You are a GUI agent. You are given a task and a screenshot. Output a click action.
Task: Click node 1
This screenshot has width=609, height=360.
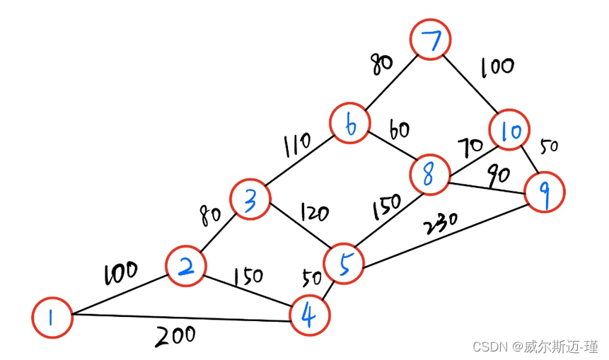[x=52, y=318]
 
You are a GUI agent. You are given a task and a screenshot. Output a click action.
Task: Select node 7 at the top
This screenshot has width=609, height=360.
[x=430, y=39]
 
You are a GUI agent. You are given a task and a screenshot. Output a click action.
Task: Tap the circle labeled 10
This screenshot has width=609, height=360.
[x=509, y=129]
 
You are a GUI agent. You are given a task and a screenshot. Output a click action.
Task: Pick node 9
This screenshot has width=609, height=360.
[x=545, y=192]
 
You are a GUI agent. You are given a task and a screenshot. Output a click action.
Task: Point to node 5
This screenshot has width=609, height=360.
[x=344, y=264]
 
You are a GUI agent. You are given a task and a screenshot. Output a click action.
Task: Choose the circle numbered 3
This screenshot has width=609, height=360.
[x=250, y=199]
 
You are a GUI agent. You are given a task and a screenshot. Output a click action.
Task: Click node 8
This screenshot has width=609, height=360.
[x=430, y=174]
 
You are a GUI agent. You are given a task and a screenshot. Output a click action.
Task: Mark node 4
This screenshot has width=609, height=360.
[x=310, y=315]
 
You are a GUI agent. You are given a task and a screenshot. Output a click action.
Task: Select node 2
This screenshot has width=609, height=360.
[x=185, y=266]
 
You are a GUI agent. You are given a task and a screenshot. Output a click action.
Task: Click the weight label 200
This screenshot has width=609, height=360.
[x=175, y=336]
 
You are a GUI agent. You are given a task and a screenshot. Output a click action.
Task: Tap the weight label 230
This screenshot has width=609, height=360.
[x=441, y=223]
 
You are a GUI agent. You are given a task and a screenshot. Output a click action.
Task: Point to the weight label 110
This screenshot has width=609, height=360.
[x=297, y=145]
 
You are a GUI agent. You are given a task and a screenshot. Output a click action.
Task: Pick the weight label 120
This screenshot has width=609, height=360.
[x=315, y=212]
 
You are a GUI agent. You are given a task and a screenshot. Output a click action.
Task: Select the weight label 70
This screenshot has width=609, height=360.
[x=470, y=147]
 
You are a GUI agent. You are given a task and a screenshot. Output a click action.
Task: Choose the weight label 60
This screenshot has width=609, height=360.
[x=399, y=130]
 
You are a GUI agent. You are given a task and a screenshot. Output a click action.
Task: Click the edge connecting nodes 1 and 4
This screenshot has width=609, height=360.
[x=181, y=318]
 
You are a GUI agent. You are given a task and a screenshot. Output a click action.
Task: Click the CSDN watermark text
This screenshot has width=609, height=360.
[x=535, y=347]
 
